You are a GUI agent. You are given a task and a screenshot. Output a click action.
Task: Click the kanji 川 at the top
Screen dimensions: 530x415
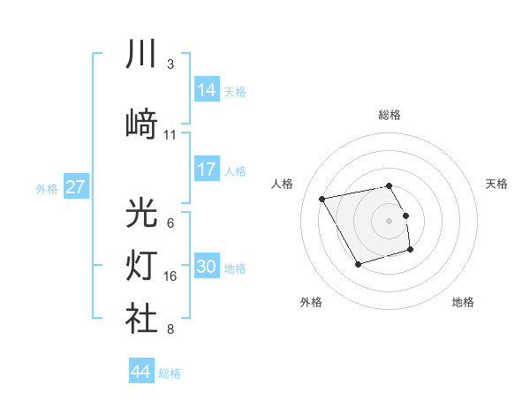[142, 55]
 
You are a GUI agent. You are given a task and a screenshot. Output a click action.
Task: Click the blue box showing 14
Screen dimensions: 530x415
[207, 90]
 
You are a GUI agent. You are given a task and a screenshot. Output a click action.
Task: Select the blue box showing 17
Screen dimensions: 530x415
[207, 170]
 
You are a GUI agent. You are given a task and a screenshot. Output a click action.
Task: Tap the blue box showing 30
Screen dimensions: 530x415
[207, 268]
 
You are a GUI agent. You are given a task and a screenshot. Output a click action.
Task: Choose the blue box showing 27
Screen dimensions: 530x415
[76, 187]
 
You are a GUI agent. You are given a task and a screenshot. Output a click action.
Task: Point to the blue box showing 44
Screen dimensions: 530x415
[141, 372]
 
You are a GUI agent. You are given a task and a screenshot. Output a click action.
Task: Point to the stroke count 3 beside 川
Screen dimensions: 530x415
[170, 64]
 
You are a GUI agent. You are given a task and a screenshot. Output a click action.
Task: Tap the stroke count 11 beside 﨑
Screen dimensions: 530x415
[170, 135]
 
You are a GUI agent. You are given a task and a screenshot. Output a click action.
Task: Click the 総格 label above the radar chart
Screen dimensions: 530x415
[390, 115]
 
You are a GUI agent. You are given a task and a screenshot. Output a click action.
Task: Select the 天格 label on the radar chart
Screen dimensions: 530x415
[496, 184]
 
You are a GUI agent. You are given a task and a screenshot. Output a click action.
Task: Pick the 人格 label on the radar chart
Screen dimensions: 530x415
[283, 184]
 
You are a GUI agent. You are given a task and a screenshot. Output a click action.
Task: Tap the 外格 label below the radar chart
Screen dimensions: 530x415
[311, 302]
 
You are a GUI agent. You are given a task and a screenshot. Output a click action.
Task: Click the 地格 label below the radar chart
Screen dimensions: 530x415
[463, 302]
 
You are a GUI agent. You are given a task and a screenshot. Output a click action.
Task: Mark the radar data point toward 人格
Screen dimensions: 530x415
[322, 198]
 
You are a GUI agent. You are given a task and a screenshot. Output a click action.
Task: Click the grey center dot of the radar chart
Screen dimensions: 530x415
[390, 220]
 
